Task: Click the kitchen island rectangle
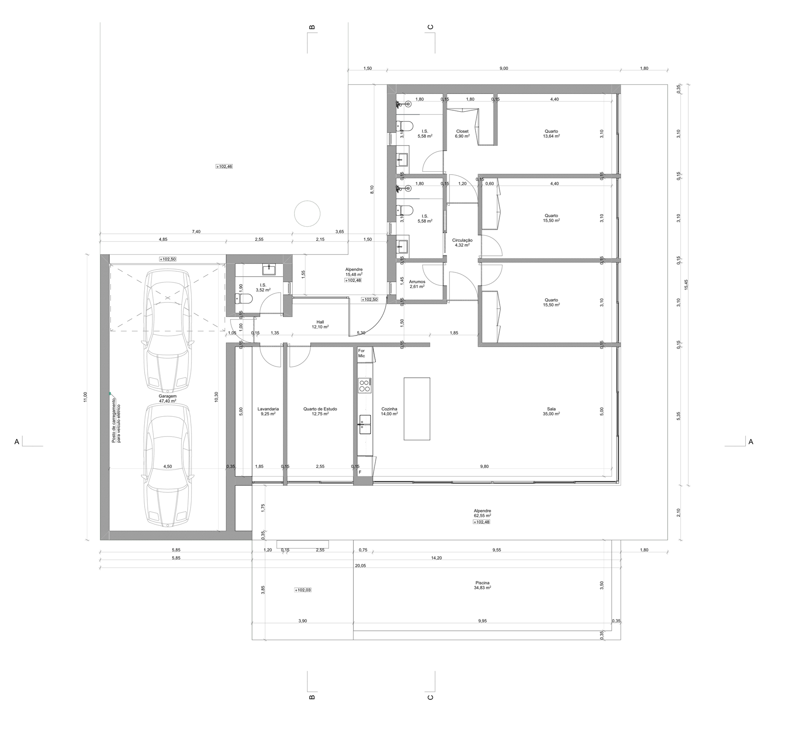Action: pyautogui.click(x=416, y=409)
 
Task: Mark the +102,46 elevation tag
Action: pyautogui.click(x=224, y=166)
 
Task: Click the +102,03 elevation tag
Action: pyautogui.click(x=303, y=590)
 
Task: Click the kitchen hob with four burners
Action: pyautogui.click(x=365, y=386)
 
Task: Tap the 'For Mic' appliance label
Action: pyautogui.click(x=362, y=353)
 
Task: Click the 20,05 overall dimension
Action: pyautogui.click(x=360, y=566)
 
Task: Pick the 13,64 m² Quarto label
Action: pyautogui.click(x=551, y=133)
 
